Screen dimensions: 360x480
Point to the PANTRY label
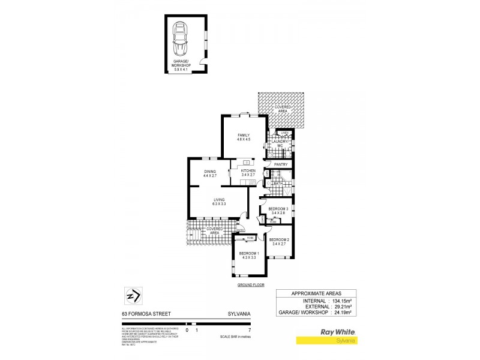tap(281, 164)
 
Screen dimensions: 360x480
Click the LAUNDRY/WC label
tap(280, 143)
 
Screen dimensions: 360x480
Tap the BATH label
tap(278, 182)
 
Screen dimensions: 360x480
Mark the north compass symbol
tap(133, 296)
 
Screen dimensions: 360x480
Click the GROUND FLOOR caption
tap(251, 285)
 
